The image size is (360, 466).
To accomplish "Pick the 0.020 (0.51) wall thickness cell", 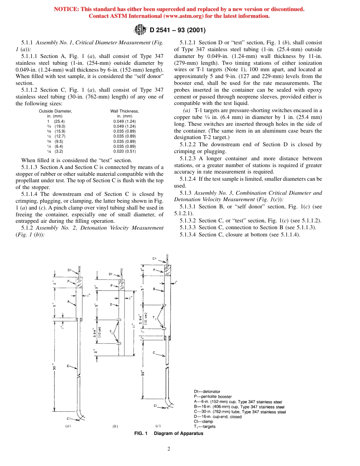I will click(124, 151).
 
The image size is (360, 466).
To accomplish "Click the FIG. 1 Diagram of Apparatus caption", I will click(169, 433).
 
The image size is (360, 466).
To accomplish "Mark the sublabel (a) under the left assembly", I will click(68, 426).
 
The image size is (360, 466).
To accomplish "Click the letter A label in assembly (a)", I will click(69, 302).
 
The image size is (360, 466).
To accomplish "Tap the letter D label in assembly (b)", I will click(111, 304).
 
